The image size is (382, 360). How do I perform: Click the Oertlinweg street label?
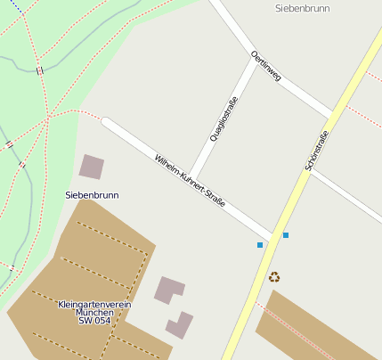click(x=266, y=66)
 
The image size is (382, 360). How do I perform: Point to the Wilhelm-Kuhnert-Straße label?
click(x=190, y=181)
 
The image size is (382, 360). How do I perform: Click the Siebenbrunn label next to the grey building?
click(x=92, y=194)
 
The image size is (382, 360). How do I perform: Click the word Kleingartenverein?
click(x=94, y=304)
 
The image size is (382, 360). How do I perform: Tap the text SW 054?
click(x=94, y=321)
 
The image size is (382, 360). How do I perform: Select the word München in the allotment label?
click(x=94, y=313)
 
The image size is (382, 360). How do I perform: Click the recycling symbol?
click(x=274, y=277)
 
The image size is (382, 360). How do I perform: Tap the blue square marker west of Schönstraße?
click(x=260, y=244)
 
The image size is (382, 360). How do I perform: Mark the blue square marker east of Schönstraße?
click(x=286, y=235)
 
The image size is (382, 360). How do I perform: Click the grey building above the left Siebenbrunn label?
click(x=92, y=167)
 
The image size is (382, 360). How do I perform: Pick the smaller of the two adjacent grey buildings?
click(x=179, y=324)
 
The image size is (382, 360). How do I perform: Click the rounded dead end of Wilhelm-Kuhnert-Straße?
click(x=107, y=123)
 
